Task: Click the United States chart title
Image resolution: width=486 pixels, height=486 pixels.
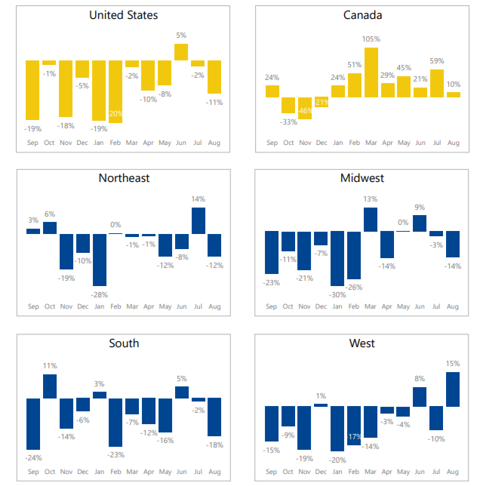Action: click(124, 15)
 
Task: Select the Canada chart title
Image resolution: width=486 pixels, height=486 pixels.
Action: click(362, 15)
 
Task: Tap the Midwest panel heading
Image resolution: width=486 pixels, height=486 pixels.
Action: click(362, 178)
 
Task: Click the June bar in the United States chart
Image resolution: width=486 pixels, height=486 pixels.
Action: click(181, 52)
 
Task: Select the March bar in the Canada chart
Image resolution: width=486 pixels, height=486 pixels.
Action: click(371, 72)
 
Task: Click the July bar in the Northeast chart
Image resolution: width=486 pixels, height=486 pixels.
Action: click(198, 220)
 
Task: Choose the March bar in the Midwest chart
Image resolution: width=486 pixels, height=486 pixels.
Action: click(371, 220)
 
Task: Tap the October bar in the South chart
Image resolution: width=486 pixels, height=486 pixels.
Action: click(50, 386)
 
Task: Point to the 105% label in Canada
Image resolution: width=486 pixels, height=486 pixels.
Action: click(371, 38)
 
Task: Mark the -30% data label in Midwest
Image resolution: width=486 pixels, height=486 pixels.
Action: click(337, 294)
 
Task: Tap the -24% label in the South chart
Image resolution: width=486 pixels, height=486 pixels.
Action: click(33, 457)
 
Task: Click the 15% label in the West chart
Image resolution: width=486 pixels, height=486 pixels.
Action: click(453, 364)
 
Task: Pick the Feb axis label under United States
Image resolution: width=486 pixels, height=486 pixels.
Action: click(115, 142)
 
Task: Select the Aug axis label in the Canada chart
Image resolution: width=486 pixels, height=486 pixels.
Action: click(453, 142)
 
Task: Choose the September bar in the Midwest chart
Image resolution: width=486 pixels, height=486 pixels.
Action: click(272, 253)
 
